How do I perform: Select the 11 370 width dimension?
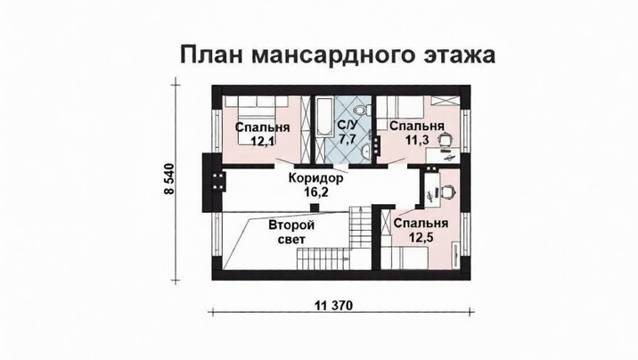tap(333, 305)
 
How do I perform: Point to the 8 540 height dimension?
tap(169, 179)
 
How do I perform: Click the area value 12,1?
tap(263, 141)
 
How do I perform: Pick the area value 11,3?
tap(417, 140)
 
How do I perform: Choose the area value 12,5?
tap(421, 236)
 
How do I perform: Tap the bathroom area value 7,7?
tap(348, 138)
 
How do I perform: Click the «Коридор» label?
tap(315, 178)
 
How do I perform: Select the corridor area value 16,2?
tap(316, 192)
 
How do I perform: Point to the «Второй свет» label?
tap(291, 232)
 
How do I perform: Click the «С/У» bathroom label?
tap(348, 125)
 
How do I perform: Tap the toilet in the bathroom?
tap(362, 109)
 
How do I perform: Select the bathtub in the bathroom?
tap(324, 117)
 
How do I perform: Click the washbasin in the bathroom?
tap(366, 151)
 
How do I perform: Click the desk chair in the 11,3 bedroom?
tap(446, 139)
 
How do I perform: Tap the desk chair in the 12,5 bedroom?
tap(447, 192)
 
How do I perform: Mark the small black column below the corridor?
tap(315, 208)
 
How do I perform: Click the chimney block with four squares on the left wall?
tap(218, 181)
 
